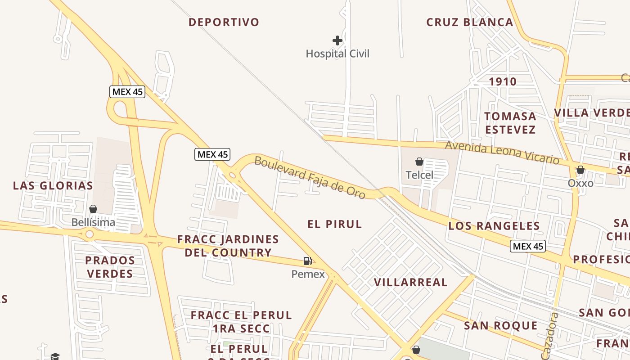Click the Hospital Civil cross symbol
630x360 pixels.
point(337,40)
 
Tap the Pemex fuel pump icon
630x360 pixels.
point(307,261)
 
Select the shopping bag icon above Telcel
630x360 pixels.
point(419,162)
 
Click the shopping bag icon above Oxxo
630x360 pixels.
point(580,170)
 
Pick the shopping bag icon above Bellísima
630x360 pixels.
point(93,209)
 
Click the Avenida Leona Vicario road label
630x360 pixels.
point(502,153)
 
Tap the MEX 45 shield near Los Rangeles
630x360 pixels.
point(528,246)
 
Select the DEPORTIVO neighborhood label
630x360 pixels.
point(224,22)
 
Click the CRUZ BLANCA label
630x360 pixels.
point(469,22)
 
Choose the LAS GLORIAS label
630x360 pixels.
point(53,185)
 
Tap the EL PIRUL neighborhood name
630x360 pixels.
point(334,224)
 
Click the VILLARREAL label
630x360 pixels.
point(411,282)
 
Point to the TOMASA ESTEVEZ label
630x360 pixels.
point(510,123)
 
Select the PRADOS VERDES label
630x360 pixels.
point(110,267)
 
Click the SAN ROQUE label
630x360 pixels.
point(500,325)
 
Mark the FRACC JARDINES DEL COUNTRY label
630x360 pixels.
point(228,246)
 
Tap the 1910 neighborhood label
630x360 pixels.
point(503,81)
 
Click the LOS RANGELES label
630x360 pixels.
point(494,226)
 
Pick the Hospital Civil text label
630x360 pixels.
point(337,54)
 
